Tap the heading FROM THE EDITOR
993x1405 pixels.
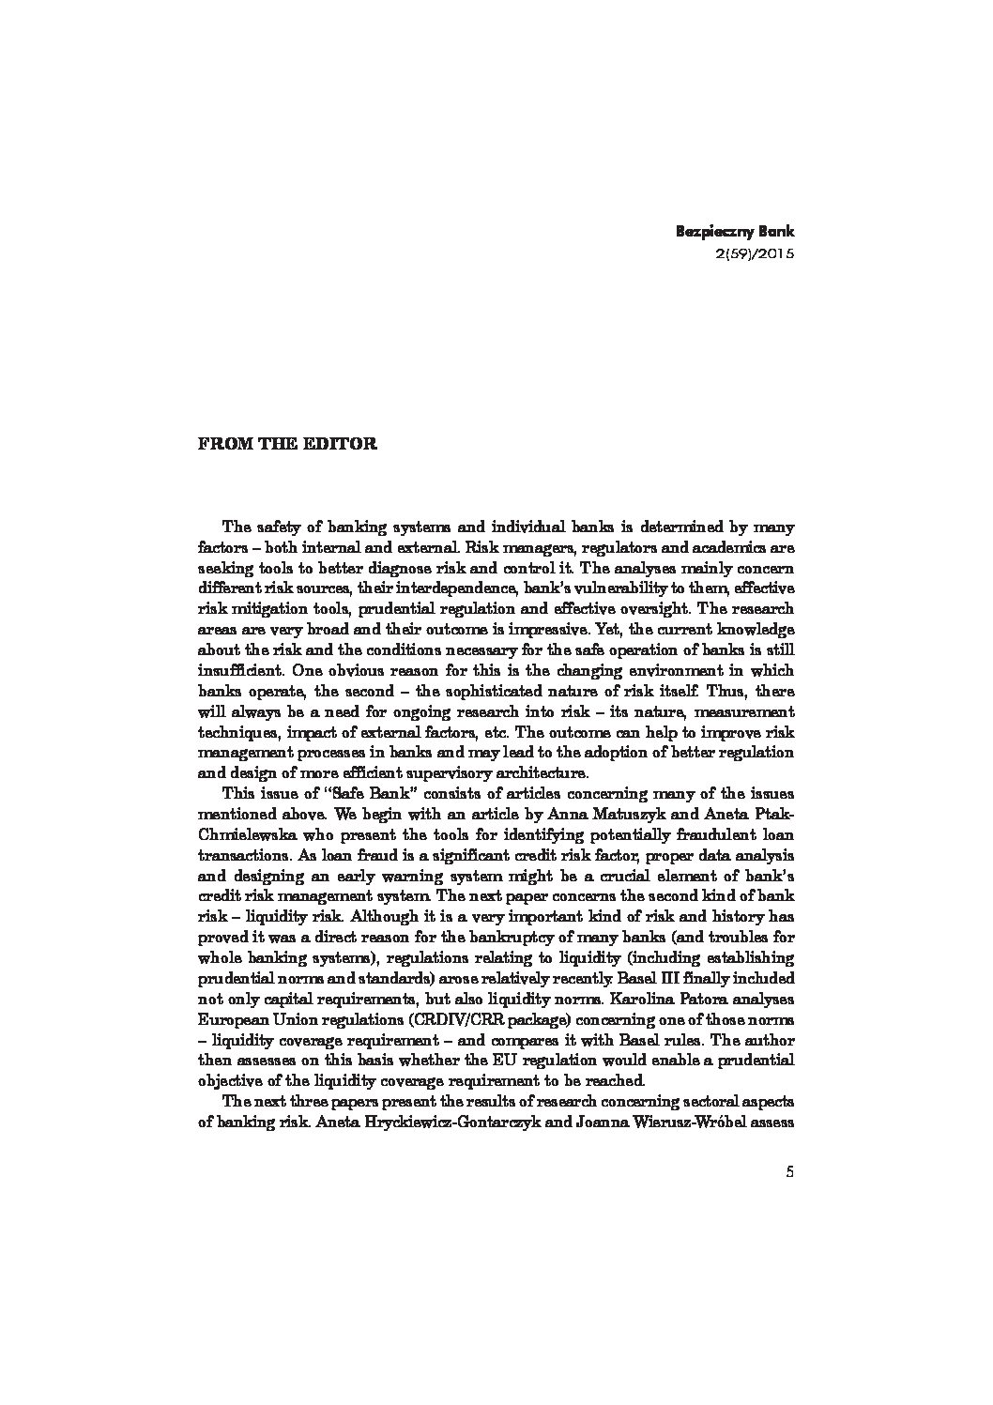(x=287, y=444)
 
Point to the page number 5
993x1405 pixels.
(x=789, y=1171)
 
